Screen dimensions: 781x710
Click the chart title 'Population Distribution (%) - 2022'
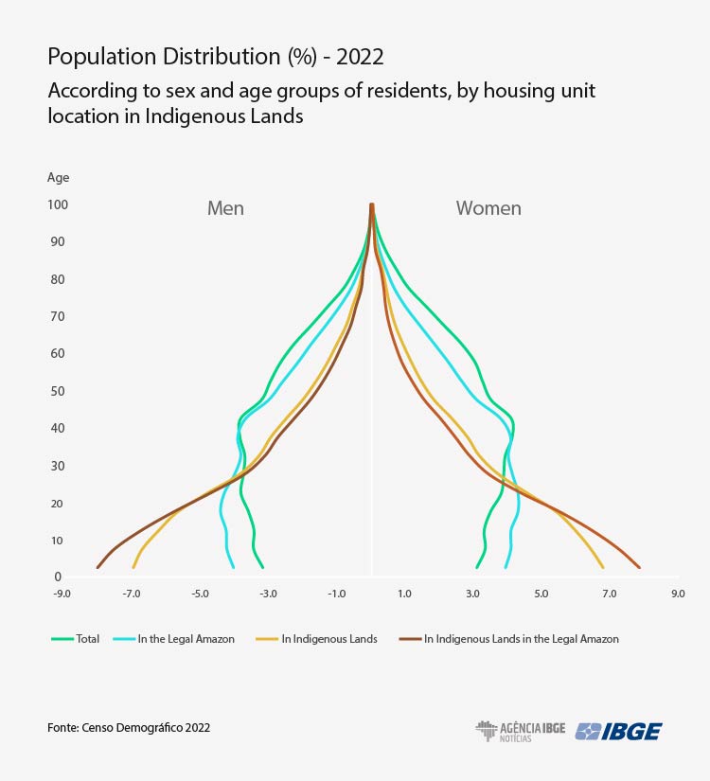point(215,57)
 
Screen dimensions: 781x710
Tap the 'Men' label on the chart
point(225,208)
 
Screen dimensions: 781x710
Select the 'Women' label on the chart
point(488,208)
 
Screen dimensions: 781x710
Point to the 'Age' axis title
point(58,177)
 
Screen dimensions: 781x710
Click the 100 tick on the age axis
point(58,204)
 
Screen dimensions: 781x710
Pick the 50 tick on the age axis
point(58,391)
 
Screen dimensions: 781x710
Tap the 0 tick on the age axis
point(58,577)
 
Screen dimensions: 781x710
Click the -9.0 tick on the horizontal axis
point(62,595)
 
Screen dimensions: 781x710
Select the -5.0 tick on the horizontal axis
point(200,595)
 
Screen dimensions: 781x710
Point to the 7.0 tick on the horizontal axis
point(609,595)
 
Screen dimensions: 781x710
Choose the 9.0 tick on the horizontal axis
point(678,595)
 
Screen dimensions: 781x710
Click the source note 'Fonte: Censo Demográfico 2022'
point(129,728)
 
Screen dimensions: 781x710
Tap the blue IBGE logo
point(619,731)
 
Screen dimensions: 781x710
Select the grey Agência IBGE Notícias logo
point(520,731)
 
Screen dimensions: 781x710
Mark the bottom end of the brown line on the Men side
point(98,567)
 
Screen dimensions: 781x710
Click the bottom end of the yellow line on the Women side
point(603,567)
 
